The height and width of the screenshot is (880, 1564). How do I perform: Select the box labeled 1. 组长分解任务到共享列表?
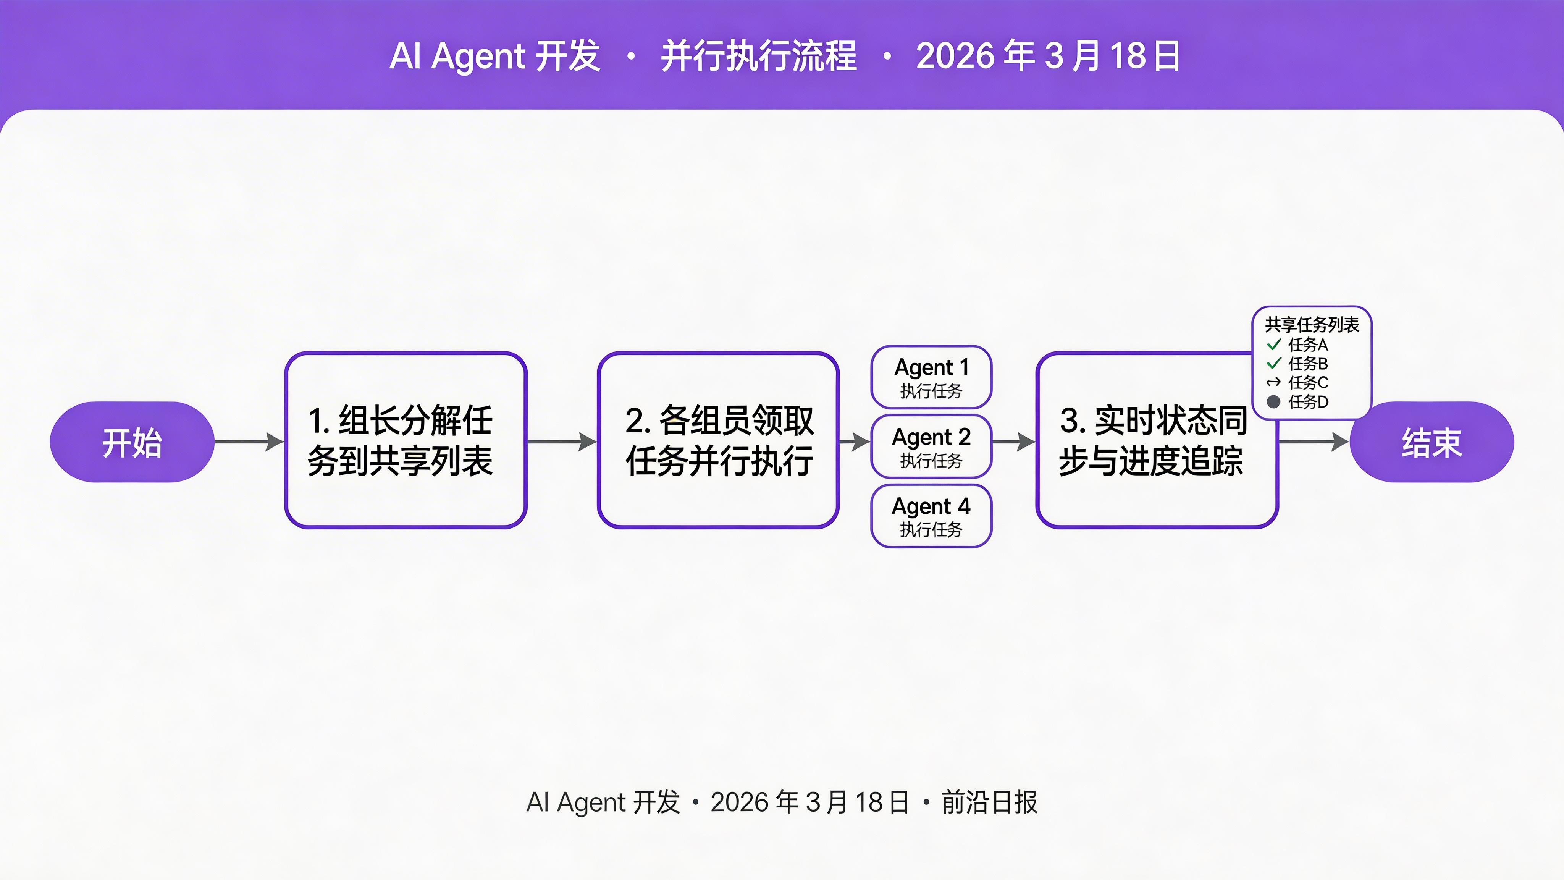click(x=406, y=440)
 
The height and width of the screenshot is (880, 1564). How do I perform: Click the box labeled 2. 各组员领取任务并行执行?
click(x=718, y=440)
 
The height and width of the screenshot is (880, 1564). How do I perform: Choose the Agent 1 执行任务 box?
click(x=931, y=377)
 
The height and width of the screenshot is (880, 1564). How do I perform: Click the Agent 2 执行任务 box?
click(x=931, y=446)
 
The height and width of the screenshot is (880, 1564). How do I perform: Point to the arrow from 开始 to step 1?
click(x=249, y=442)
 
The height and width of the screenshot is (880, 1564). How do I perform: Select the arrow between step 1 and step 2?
click(x=562, y=442)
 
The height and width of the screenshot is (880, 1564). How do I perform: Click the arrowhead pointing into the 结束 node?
click(x=1340, y=442)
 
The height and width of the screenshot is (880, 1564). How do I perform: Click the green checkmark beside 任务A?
click(x=1274, y=345)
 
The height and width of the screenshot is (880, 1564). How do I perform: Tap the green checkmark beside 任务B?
click(x=1274, y=363)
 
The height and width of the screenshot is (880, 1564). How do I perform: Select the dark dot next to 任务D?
click(x=1274, y=401)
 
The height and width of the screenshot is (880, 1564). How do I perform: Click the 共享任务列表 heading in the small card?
click(x=1312, y=325)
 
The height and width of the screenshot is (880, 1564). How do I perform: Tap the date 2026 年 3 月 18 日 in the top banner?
click(x=1048, y=56)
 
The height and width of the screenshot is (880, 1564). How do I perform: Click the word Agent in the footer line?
click(x=591, y=802)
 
